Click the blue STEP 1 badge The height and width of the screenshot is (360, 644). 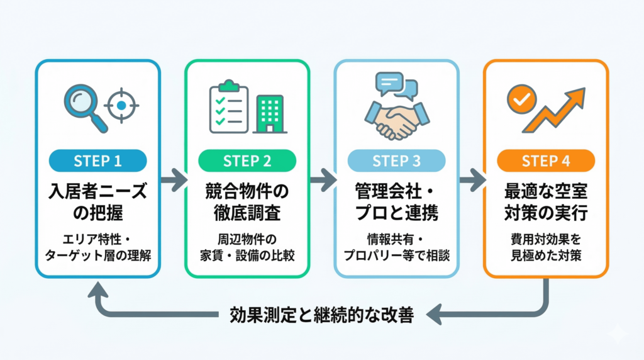(97, 160)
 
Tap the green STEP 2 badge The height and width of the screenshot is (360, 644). (247, 160)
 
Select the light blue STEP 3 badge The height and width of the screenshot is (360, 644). (396, 160)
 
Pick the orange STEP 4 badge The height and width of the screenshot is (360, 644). (545, 160)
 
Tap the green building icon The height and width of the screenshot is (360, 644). (269, 114)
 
